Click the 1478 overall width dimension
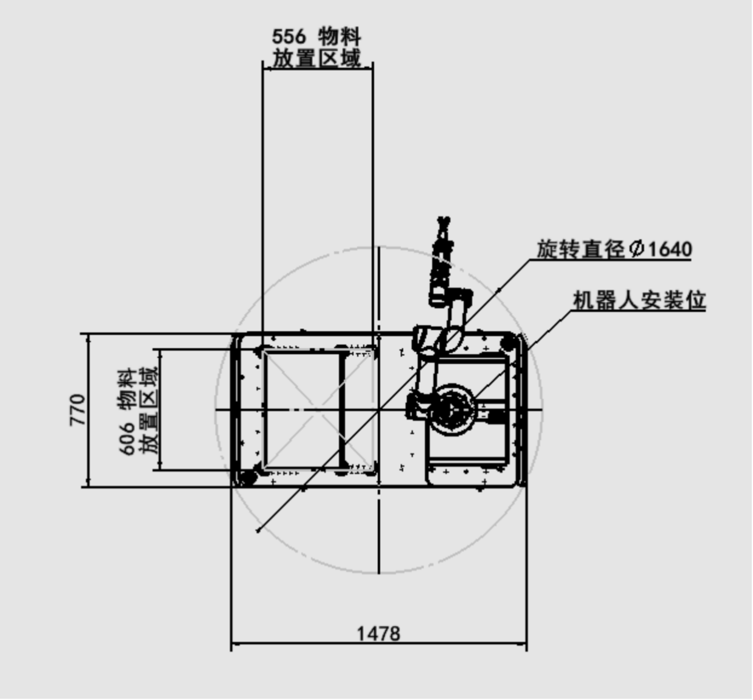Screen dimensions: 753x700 click(378, 634)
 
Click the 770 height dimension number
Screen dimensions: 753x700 click(78, 410)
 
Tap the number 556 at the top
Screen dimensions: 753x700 click(289, 37)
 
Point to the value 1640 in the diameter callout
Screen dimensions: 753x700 click(671, 249)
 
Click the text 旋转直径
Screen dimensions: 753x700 click(580, 249)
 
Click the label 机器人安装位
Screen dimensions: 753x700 click(639, 300)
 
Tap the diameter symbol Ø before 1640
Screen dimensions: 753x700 click(637, 249)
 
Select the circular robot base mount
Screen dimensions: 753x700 click(452, 409)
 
